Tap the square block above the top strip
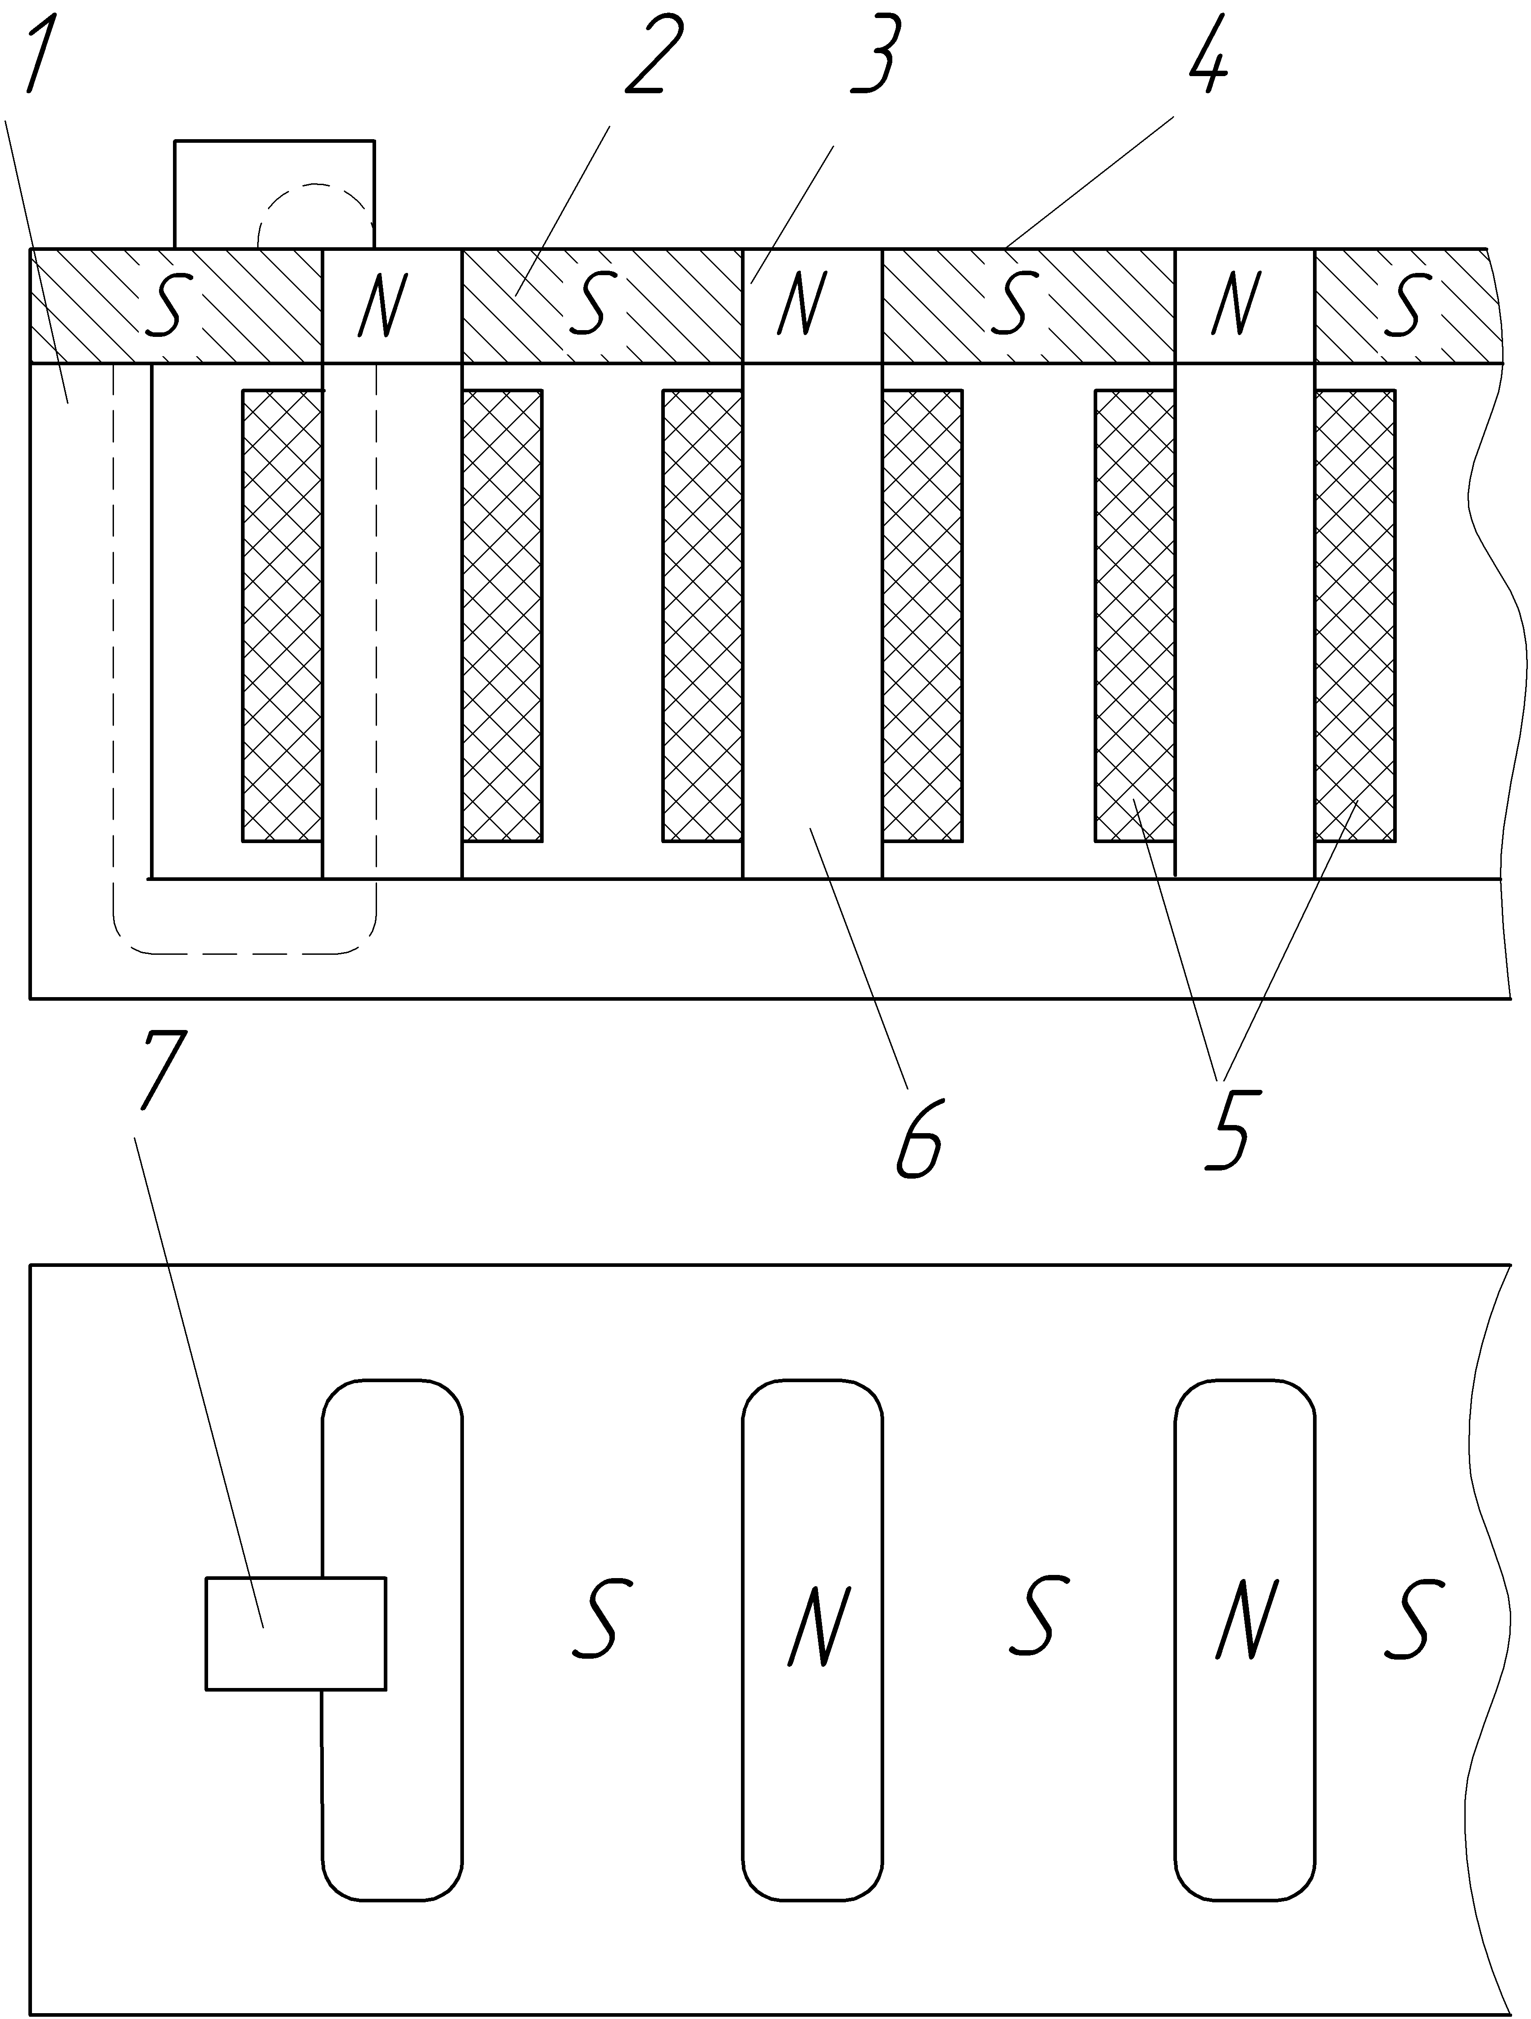coord(274,194)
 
